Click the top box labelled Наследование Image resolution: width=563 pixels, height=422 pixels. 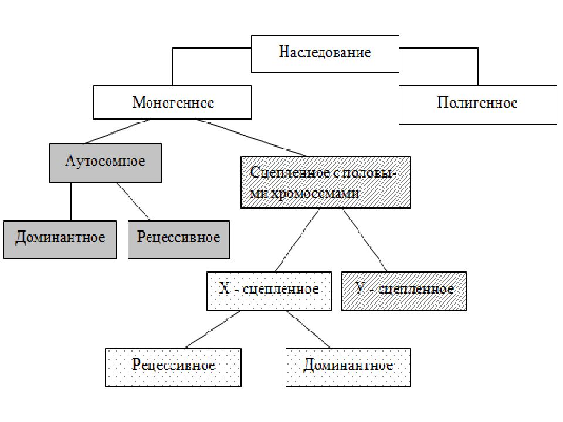click(325, 54)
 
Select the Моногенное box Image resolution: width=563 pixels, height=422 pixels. click(172, 102)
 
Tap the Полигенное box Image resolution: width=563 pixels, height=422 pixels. click(478, 105)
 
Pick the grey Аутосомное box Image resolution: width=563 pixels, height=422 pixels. click(105, 163)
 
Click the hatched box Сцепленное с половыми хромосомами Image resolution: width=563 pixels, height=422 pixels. click(325, 182)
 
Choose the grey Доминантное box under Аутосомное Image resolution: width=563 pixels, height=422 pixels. click(60, 240)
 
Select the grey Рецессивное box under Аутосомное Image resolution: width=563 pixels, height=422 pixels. click(179, 240)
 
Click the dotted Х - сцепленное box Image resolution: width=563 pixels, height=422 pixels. click(269, 291)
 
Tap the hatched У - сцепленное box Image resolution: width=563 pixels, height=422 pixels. click(404, 291)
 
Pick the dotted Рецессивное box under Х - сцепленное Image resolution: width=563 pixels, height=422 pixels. click(173, 367)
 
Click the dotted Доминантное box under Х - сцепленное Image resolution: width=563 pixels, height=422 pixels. click(348, 367)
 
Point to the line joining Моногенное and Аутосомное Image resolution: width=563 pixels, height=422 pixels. click(116, 132)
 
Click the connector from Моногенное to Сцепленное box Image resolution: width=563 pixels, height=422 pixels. click(252, 138)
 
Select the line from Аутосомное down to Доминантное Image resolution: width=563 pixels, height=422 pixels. click(71, 202)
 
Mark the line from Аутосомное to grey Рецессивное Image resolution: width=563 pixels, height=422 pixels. click(134, 202)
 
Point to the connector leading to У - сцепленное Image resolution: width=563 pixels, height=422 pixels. click(365, 240)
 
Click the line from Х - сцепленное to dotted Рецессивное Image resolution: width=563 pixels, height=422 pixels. click(212, 329)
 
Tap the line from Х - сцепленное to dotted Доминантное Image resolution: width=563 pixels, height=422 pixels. click(309, 329)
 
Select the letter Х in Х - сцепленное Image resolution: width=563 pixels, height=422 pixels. click(225, 288)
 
